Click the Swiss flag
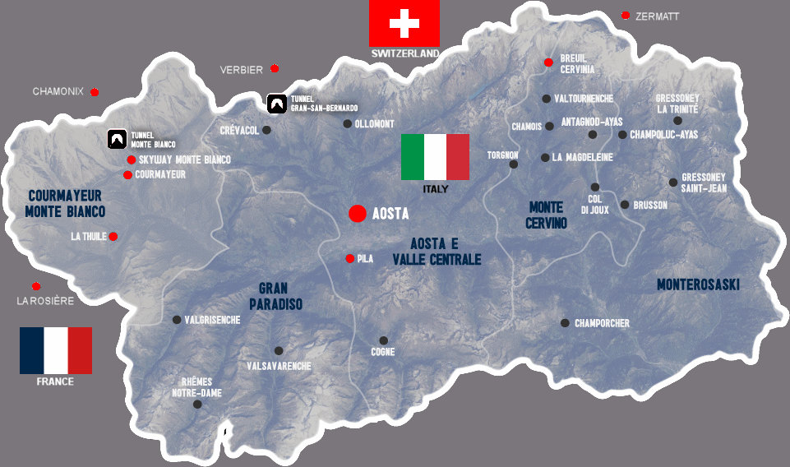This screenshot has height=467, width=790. coord(404,23)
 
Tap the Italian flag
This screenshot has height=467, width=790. coord(435,156)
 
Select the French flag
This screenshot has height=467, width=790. coord(56,350)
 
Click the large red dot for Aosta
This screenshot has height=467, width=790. coord(357,214)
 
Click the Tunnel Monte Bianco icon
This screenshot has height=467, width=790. coord(117,139)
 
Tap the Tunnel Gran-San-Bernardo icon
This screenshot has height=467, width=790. coord(277,104)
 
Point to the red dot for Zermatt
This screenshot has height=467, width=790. coord(626,16)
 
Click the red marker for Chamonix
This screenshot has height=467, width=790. coord(95,91)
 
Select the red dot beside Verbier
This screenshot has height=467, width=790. coord(275,68)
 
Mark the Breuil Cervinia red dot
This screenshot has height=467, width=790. coord(548,62)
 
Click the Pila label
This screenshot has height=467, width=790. coord(365,258)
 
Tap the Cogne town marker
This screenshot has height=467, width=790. coord(383,340)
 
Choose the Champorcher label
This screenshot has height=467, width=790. coord(602,323)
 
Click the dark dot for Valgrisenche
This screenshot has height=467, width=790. coord(176,320)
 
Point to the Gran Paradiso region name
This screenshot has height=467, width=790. coord(280,296)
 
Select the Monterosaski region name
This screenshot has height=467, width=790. coord(698,284)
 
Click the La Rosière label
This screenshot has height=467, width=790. coord(45,301)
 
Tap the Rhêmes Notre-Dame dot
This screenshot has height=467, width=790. coord(197,405)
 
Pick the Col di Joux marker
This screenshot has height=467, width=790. coord(595,187)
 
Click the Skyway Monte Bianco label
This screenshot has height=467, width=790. coord(184,160)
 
